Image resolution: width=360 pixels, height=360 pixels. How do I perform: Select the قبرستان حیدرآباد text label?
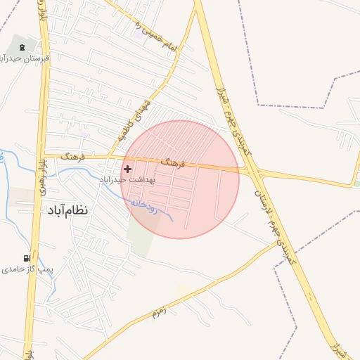(22, 58)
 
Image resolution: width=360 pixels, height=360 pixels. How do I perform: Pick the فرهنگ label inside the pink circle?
(172, 163)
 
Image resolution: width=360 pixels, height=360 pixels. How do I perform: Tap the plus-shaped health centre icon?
(127, 169)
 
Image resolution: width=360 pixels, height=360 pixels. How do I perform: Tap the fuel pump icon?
(27, 259)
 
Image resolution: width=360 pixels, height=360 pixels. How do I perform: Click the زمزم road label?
(158, 311)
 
